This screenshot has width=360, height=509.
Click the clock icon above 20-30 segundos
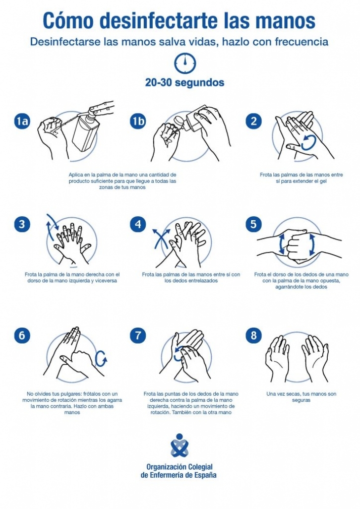pos(185,63)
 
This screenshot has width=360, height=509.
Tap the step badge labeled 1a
pos(22,121)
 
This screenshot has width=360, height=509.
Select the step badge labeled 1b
pos(138,121)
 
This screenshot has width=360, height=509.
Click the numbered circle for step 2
pos(254,121)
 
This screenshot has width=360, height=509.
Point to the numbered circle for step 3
pos(22,224)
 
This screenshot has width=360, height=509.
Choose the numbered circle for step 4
pos(138,224)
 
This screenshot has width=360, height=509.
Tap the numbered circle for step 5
pos(254,224)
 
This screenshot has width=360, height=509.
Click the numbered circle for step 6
pos(22,336)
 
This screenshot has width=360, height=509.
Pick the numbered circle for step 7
pos(138,336)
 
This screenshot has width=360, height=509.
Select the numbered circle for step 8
pos(254,336)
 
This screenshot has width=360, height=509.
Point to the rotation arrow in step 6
pos(101,358)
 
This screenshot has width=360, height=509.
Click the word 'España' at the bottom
pos(204,475)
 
